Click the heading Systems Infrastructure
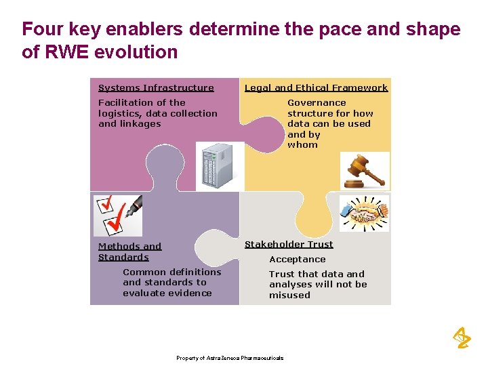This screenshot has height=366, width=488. [156, 87]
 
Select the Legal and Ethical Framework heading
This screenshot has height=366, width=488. [316, 87]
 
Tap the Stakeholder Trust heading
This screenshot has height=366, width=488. [289, 244]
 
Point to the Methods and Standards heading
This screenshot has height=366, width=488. [129, 251]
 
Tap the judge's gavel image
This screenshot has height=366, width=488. [365, 170]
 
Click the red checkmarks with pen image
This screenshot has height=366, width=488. [117, 213]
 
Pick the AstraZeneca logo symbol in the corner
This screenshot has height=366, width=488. [461, 337]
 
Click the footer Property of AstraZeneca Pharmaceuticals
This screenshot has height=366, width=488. [230, 358]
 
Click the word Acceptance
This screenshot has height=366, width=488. [297, 260]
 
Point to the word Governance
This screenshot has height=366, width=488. [317, 103]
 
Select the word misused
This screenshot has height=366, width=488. [289, 296]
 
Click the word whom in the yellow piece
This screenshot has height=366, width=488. [302, 145]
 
